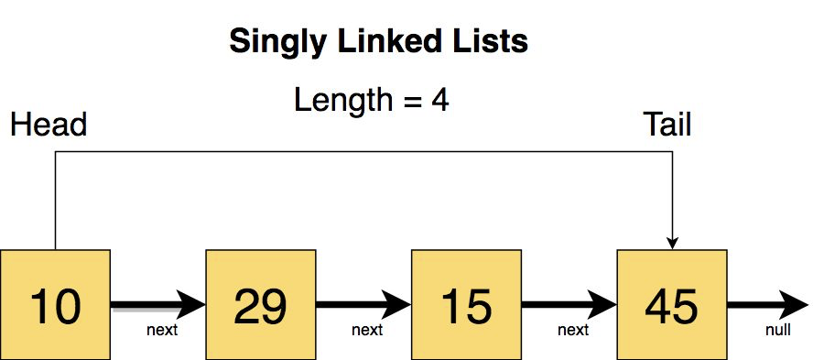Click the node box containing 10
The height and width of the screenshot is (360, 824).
(55, 304)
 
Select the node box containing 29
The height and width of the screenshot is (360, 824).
(261, 304)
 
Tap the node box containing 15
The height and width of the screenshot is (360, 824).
(466, 304)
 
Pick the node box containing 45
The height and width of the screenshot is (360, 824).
(672, 304)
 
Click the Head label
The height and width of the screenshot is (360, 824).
(48, 125)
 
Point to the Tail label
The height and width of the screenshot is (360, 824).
(667, 125)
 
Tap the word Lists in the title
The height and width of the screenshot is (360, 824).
(494, 41)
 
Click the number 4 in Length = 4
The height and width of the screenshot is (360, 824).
(440, 99)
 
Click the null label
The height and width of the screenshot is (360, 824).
(777, 329)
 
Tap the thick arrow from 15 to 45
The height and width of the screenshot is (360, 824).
(569, 304)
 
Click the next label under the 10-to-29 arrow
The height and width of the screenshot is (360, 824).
(162, 329)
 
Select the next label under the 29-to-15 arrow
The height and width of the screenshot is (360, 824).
(367, 329)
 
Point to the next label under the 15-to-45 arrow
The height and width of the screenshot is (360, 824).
(573, 329)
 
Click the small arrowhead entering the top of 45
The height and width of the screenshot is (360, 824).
(673, 242)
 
